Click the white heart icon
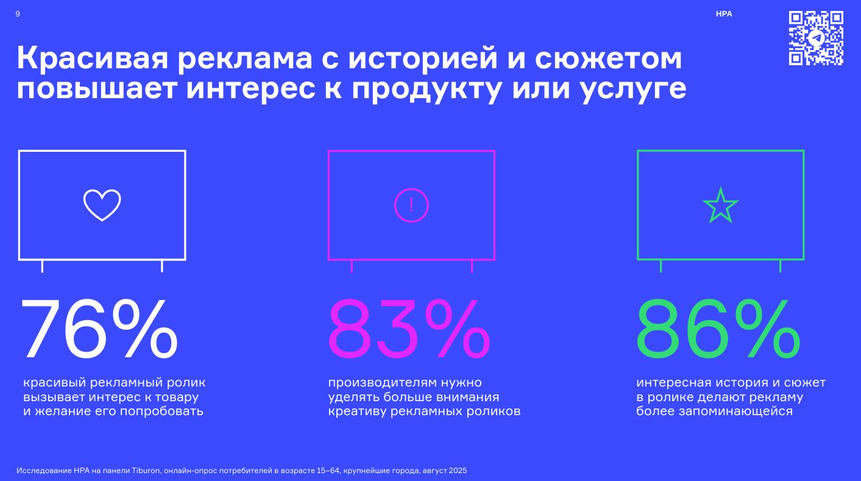click(102, 205)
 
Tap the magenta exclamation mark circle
click(411, 205)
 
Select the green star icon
click(720, 205)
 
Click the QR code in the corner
click(816, 38)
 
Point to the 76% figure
click(99, 330)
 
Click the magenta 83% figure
click(409, 330)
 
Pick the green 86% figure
click(718, 330)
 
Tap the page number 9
click(18, 14)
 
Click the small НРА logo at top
click(724, 14)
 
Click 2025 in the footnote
click(458, 471)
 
